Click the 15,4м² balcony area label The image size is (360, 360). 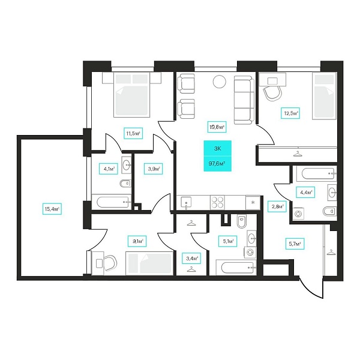(x=52, y=209)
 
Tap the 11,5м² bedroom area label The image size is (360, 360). (x=133, y=133)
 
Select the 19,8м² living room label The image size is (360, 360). (x=217, y=127)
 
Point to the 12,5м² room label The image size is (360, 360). (x=290, y=113)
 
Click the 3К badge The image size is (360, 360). (x=217, y=148)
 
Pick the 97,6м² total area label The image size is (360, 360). (x=217, y=164)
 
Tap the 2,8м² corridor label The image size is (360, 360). (x=277, y=206)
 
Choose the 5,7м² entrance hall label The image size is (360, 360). (x=295, y=244)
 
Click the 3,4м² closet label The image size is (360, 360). (x=192, y=259)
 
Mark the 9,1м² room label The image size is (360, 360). (x=137, y=241)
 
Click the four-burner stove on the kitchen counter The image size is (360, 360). (x=217, y=202)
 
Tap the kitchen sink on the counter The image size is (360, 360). (x=186, y=203)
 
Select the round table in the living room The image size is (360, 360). (x=220, y=82)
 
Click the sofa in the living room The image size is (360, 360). (x=244, y=100)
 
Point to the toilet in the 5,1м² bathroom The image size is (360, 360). (x=241, y=221)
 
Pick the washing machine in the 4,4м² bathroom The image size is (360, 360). (x=298, y=214)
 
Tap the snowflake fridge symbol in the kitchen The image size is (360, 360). (x=253, y=203)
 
